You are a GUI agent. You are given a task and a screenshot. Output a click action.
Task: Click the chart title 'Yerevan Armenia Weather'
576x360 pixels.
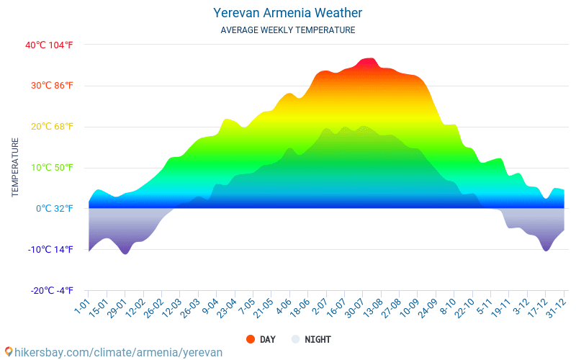pos(287,13)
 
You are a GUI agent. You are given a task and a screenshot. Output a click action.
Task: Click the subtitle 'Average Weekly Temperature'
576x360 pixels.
pos(287,30)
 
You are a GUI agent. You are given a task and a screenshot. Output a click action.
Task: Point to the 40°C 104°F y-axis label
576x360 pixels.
pos(49,45)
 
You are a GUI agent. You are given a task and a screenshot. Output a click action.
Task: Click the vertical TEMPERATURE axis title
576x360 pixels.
pos(15,167)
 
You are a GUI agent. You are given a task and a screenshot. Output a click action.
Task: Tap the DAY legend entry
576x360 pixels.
pos(260,339)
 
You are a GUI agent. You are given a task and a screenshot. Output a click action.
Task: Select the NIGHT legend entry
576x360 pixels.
pos(310,339)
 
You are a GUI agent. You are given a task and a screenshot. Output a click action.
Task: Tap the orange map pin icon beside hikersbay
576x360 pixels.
pos(9,352)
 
